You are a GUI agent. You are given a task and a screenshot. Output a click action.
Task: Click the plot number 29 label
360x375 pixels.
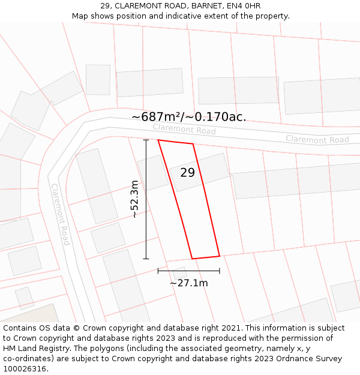click(188, 173)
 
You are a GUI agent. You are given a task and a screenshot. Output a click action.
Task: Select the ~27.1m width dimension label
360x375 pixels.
click(188, 283)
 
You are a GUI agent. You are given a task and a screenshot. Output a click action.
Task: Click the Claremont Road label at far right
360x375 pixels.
click(317, 139)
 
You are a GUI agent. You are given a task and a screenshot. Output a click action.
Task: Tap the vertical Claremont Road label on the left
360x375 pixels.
click(61, 214)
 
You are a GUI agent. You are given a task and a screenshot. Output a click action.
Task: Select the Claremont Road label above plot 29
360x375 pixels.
click(184, 129)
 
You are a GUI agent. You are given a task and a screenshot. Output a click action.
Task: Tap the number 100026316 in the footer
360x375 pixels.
click(26, 368)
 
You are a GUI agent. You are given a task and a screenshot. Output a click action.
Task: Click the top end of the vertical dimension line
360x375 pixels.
click(146, 140)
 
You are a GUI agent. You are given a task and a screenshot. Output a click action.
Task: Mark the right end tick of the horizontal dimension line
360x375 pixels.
click(220, 271)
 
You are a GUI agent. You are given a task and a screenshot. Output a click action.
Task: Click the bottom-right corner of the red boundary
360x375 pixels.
click(220, 256)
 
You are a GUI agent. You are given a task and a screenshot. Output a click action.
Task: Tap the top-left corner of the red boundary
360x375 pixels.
click(158, 140)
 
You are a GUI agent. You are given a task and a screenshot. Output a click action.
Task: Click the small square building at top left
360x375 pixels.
click(98, 79)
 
